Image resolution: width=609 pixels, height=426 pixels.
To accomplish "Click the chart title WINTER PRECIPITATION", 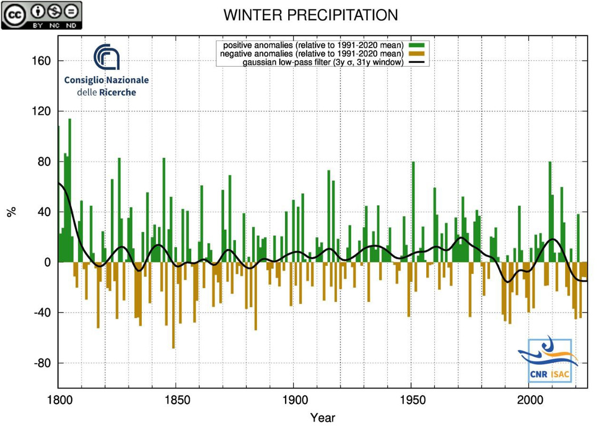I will click(310, 15).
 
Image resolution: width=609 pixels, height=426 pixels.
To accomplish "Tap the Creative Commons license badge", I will click(42, 15).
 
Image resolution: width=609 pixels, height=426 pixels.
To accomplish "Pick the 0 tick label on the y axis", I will click(47, 263).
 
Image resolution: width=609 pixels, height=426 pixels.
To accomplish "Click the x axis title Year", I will click(323, 417).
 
